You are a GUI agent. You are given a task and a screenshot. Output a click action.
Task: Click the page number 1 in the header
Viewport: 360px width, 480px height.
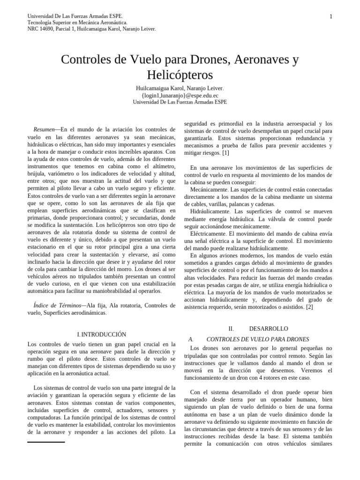click(x=331, y=17)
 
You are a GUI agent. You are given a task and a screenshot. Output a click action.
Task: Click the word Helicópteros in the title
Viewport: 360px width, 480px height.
click(x=180, y=75)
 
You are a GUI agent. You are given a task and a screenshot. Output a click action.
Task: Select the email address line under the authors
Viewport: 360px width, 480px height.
click(x=180, y=95)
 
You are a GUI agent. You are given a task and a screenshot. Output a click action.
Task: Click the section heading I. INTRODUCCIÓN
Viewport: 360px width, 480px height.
click(x=101, y=334)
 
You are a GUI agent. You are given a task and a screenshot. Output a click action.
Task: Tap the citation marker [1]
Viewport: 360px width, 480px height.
click(x=225, y=153)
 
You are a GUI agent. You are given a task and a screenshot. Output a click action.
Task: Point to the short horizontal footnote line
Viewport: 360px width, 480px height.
click(x=46, y=442)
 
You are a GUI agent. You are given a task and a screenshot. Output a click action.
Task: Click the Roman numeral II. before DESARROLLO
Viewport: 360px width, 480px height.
click(x=231, y=329)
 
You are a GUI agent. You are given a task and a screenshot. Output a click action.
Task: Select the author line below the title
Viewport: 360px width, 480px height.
click(x=180, y=88)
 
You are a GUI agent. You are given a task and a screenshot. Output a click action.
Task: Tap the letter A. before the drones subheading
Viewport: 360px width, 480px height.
click(x=191, y=339)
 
